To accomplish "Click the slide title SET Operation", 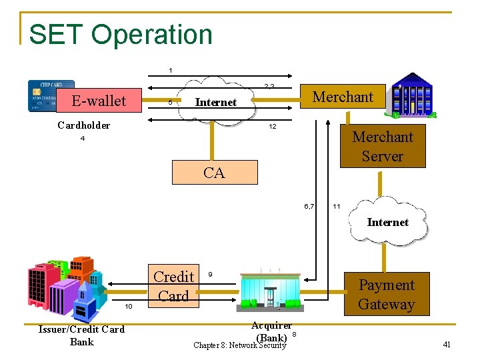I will [121, 34].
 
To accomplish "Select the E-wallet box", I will [99, 101].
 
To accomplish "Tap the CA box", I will [214, 173].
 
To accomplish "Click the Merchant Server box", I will [383, 147].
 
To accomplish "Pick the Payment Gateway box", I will [387, 295].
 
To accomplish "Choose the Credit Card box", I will [173, 286].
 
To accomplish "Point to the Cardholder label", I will [84, 125].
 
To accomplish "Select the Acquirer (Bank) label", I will [271, 331].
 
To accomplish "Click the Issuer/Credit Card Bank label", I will [81, 335].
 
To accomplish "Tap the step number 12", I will [273, 127].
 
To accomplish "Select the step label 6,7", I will [309, 206].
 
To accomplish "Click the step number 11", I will [337, 207].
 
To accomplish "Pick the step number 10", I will [129, 306].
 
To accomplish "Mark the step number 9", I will [211, 275].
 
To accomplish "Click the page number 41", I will [447, 345].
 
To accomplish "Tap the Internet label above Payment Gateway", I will [387, 222].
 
